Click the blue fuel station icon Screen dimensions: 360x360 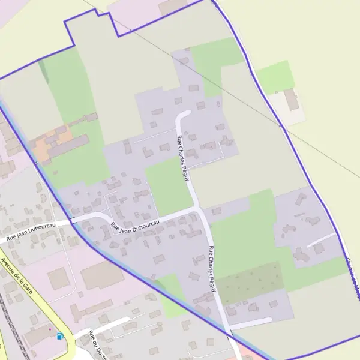59,336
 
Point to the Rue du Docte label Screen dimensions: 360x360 95,346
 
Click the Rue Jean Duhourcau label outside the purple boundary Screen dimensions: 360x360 31,231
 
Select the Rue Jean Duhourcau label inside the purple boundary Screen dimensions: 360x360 135,227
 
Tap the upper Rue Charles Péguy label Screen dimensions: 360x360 183,154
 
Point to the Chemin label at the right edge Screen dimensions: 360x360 353,277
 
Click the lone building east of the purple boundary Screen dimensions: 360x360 292,100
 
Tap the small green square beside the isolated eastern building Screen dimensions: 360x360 276,77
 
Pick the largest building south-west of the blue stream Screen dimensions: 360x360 102,274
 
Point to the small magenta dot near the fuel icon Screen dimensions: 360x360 50,329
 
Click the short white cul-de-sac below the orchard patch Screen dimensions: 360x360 252,322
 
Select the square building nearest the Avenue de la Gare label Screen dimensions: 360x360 58,278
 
